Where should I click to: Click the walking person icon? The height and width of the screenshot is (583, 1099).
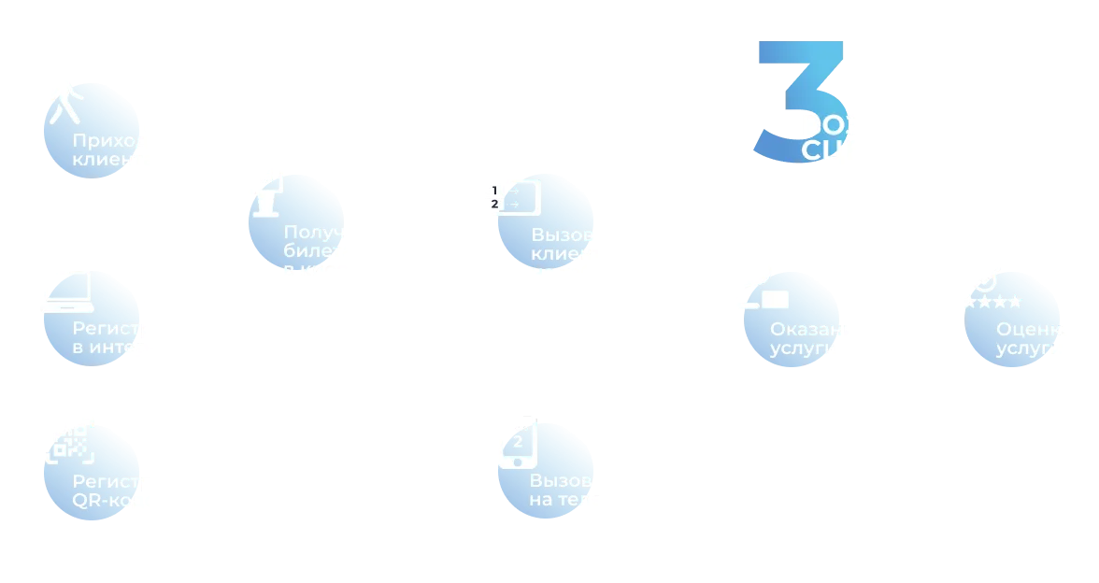(x=64, y=96)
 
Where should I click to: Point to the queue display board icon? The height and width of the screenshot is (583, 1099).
(x=506, y=197)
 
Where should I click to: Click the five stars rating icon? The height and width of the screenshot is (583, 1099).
(x=983, y=302)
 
